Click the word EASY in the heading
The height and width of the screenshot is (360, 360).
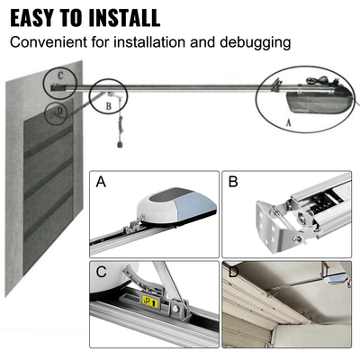tap(36, 17)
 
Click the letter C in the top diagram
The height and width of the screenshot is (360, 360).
tap(59, 76)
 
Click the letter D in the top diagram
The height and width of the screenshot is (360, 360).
tap(59, 111)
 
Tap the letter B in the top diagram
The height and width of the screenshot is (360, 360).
tap(108, 104)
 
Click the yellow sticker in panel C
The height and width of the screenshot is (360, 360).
tap(151, 303)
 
